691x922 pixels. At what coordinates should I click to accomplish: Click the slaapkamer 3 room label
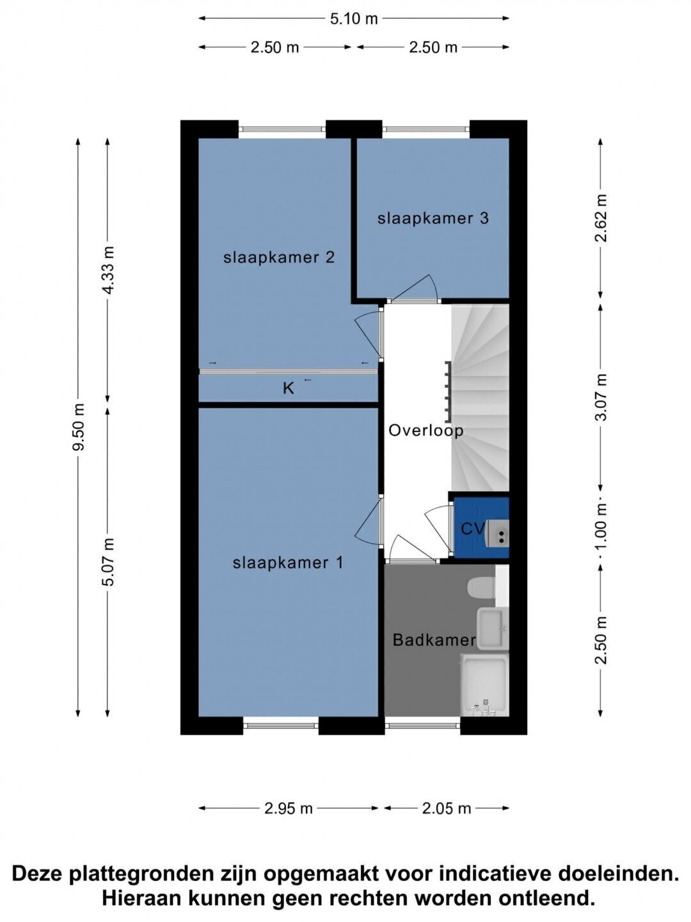coord(433,219)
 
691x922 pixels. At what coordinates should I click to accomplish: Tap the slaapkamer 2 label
coord(279,257)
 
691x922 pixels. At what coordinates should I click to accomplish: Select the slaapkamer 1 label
coord(288,563)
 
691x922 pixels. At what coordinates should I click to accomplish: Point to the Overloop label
coord(426,430)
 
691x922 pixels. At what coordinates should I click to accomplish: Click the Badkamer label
coord(434,640)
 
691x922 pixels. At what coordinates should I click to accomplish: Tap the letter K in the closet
coord(288,389)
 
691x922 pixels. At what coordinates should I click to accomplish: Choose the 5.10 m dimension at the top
coord(354,19)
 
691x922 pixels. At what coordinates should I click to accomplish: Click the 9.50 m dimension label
coord(79,427)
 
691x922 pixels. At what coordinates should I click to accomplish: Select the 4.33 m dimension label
coord(108,270)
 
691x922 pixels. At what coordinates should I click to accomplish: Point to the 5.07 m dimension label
coord(108,562)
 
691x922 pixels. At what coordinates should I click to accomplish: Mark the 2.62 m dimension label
coord(601,218)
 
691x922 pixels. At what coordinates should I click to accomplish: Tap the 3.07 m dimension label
coord(601,397)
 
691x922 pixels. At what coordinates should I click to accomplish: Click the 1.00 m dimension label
coord(601,527)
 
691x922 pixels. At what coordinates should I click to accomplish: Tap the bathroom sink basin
coord(492,628)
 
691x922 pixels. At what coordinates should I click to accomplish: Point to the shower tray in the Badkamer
coord(484,684)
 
